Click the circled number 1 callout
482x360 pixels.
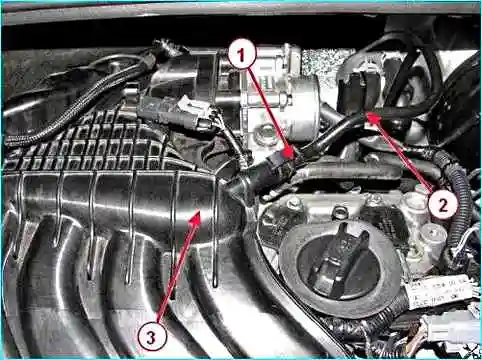pyautogui.click(x=242, y=55)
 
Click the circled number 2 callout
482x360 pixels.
pyautogui.click(x=443, y=205)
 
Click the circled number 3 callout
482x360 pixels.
pyautogui.click(x=151, y=337)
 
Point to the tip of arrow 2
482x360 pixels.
pyautogui.click(x=367, y=114)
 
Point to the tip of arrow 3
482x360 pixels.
pyautogui.click(x=200, y=211)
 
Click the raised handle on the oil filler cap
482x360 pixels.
pyautogui.click(x=338, y=258)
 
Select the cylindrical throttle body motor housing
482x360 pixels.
pyautogui.click(x=302, y=107)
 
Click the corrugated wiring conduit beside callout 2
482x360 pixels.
pyautogui.click(x=459, y=200)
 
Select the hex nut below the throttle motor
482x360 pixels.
pyautogui.click(x=265, y=133)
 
